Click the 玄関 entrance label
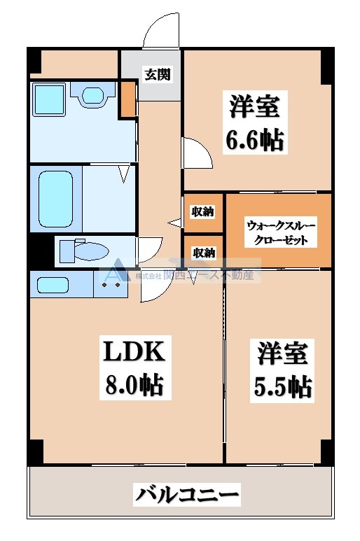(x=158, y=75)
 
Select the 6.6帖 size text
(x=255, y=140)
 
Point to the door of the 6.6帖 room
(x=196, y=152)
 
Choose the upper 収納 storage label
(x=204, y=211)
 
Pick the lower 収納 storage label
(x=204, y=252)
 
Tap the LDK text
(x=134, y=351)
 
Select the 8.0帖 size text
(x=134, y=384)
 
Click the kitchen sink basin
(x=53, y=285)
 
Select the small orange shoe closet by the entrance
(x=127, y=99)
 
